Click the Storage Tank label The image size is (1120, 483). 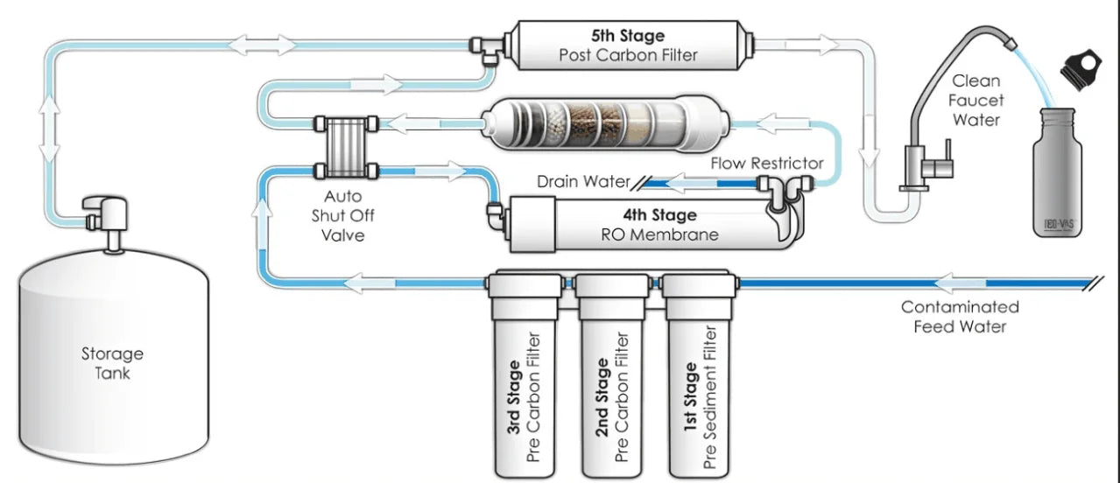pos(112,363)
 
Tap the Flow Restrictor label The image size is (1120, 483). pos(766,163)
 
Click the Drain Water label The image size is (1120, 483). pos(583,182)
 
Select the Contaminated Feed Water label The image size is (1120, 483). pos(960,317)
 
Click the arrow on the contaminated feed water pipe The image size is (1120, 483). pos(958,283)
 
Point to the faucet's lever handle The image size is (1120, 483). pos(941,166)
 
